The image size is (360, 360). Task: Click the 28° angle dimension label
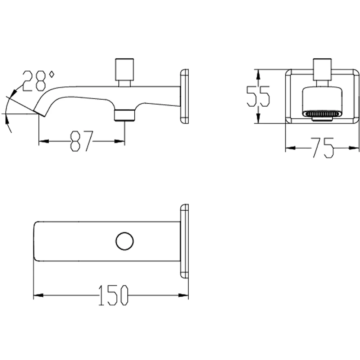point(39,81)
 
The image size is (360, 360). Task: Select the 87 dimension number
point(81,141)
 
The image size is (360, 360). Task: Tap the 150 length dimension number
point(113,295)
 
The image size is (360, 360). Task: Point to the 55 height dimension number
point(258,96)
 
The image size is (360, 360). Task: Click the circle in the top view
point(125,241)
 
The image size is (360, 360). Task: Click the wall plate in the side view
point(184,96)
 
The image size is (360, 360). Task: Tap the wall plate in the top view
point(184,241)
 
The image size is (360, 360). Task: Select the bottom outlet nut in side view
point(125,115)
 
